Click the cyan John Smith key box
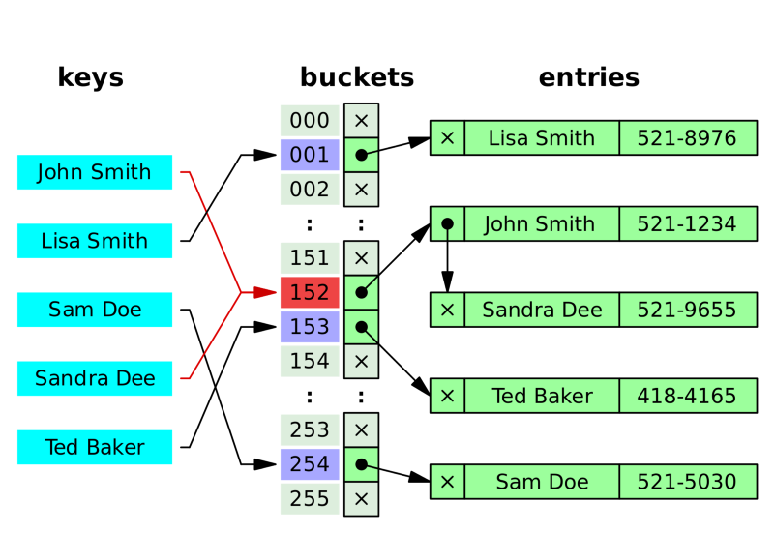[95, 173]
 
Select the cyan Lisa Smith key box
[95, 241]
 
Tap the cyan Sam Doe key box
[95, 310]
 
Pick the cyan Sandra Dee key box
[95, 378]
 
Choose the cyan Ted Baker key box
[95, 447]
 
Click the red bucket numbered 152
[310, 292]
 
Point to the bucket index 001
[310, 155]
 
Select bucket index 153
[310, 327]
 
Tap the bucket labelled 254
[310, 464]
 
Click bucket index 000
[310, 121]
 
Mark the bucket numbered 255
[310, 499]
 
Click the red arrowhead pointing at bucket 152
[264, 292]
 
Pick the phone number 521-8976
[687, 138]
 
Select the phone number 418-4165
[687, 396]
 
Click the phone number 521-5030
[687, 482]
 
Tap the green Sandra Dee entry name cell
[542, 311]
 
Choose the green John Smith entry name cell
[542, 224]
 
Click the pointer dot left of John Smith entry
[447, 223]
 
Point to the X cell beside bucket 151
[361, 258]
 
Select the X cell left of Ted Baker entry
[447, 396]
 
